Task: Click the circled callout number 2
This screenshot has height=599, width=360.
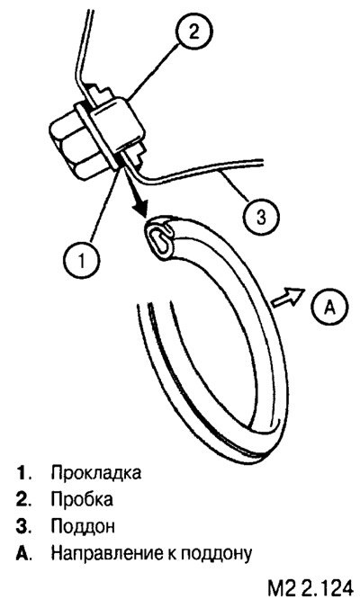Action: pyautogui.click(x=194, y=33)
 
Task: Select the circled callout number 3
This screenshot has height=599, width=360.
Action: pyautogui.click(x=261, y=218)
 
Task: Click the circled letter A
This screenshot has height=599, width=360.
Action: pyautogui.click(x=329, y=307)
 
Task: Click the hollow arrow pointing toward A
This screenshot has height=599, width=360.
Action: pyautogui.click(x=288, y=297)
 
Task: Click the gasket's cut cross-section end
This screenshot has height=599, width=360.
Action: pyautogui.click(x=158, y=239)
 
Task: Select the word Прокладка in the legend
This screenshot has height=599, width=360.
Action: pyautogui.click(x=96, y=472)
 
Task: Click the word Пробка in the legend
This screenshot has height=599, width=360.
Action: pyautogui.click(x=82, y=499)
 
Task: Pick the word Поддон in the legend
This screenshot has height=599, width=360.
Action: pyautogui.click(x=83, y=526)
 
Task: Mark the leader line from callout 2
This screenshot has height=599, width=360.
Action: pyautogui.click(x=155, y=71)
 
